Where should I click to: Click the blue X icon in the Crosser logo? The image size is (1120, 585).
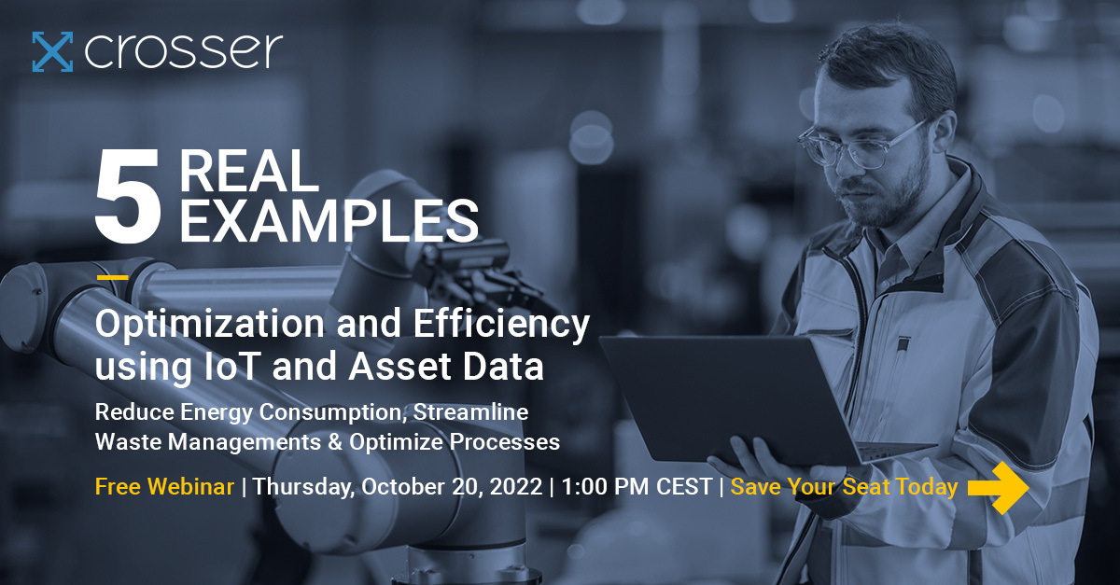pos(52,51)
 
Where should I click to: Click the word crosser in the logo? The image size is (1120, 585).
pos(183,52)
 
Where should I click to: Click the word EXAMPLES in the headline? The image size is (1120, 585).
pos(328,222)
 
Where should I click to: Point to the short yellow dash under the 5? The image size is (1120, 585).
pos(112,277)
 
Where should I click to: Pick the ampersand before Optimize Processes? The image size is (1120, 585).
pos(331,442)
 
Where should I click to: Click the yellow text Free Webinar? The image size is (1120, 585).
pos(164,487)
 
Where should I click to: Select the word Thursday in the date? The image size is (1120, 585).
pos(303,487)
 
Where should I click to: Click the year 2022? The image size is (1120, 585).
pos(516,487)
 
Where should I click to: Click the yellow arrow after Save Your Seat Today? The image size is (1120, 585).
pos(998,487)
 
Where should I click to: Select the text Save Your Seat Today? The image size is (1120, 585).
pos(844,487)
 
